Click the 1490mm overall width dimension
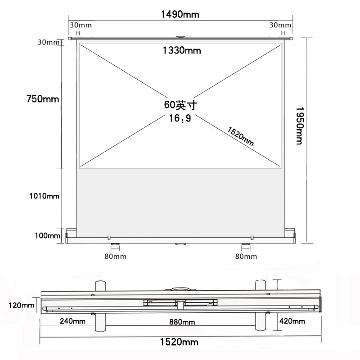click(180, 14)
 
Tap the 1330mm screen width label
click(182, 50)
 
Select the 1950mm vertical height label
click(299, 126)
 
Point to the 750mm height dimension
click(43, 99)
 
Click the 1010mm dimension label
click(44, 196)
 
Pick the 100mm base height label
click(48, 235)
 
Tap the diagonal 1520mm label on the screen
click(241, 136)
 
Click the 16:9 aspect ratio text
click(180, 118)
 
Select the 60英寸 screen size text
click(180, 105)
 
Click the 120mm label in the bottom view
click(21, 306)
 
